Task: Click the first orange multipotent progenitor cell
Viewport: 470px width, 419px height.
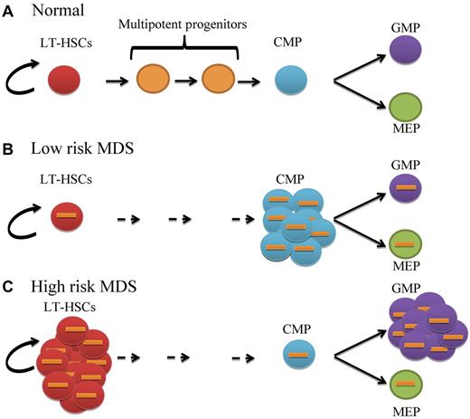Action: [155, 81]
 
